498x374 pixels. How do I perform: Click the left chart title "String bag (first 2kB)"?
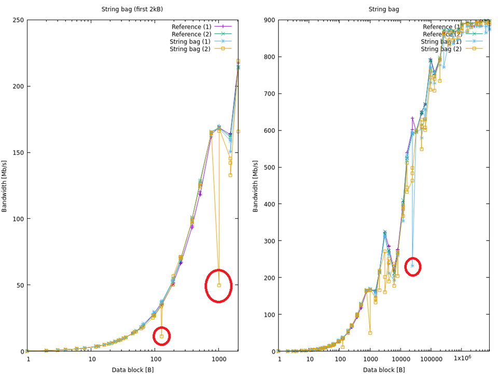tap(132, 9)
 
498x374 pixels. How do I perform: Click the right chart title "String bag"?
tap(384, 9)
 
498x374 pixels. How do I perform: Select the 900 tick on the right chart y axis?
tap(269, 20)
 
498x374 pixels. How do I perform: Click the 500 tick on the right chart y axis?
tap(269, 167)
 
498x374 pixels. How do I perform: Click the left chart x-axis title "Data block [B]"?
tap(132, 370)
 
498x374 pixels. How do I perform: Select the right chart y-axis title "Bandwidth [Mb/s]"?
tap(256, 185)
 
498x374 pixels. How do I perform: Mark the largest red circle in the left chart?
tap(218, 285)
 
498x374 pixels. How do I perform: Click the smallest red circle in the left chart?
tap(161, 336)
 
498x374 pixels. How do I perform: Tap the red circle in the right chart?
tap(412, 266)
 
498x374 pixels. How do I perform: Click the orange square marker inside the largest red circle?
tap(219, 285)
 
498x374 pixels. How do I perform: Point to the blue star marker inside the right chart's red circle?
tap(412, 265)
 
